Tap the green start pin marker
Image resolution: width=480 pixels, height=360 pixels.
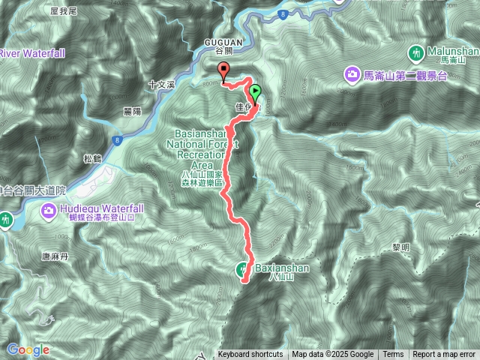(255, 93)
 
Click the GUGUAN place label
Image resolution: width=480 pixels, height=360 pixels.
(224, 43)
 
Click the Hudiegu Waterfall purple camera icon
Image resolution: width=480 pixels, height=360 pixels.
(49, 211)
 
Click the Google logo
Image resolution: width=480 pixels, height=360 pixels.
(28, 349)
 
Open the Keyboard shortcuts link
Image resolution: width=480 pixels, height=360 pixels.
(250, 355)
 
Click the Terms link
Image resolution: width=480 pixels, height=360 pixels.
(393, 355)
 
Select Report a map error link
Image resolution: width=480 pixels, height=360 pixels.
(444, 355)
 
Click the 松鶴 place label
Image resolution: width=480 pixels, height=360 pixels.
(92, 157)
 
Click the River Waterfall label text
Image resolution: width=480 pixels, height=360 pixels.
(34, 53)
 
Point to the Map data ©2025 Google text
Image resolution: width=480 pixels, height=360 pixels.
(333, 355)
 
